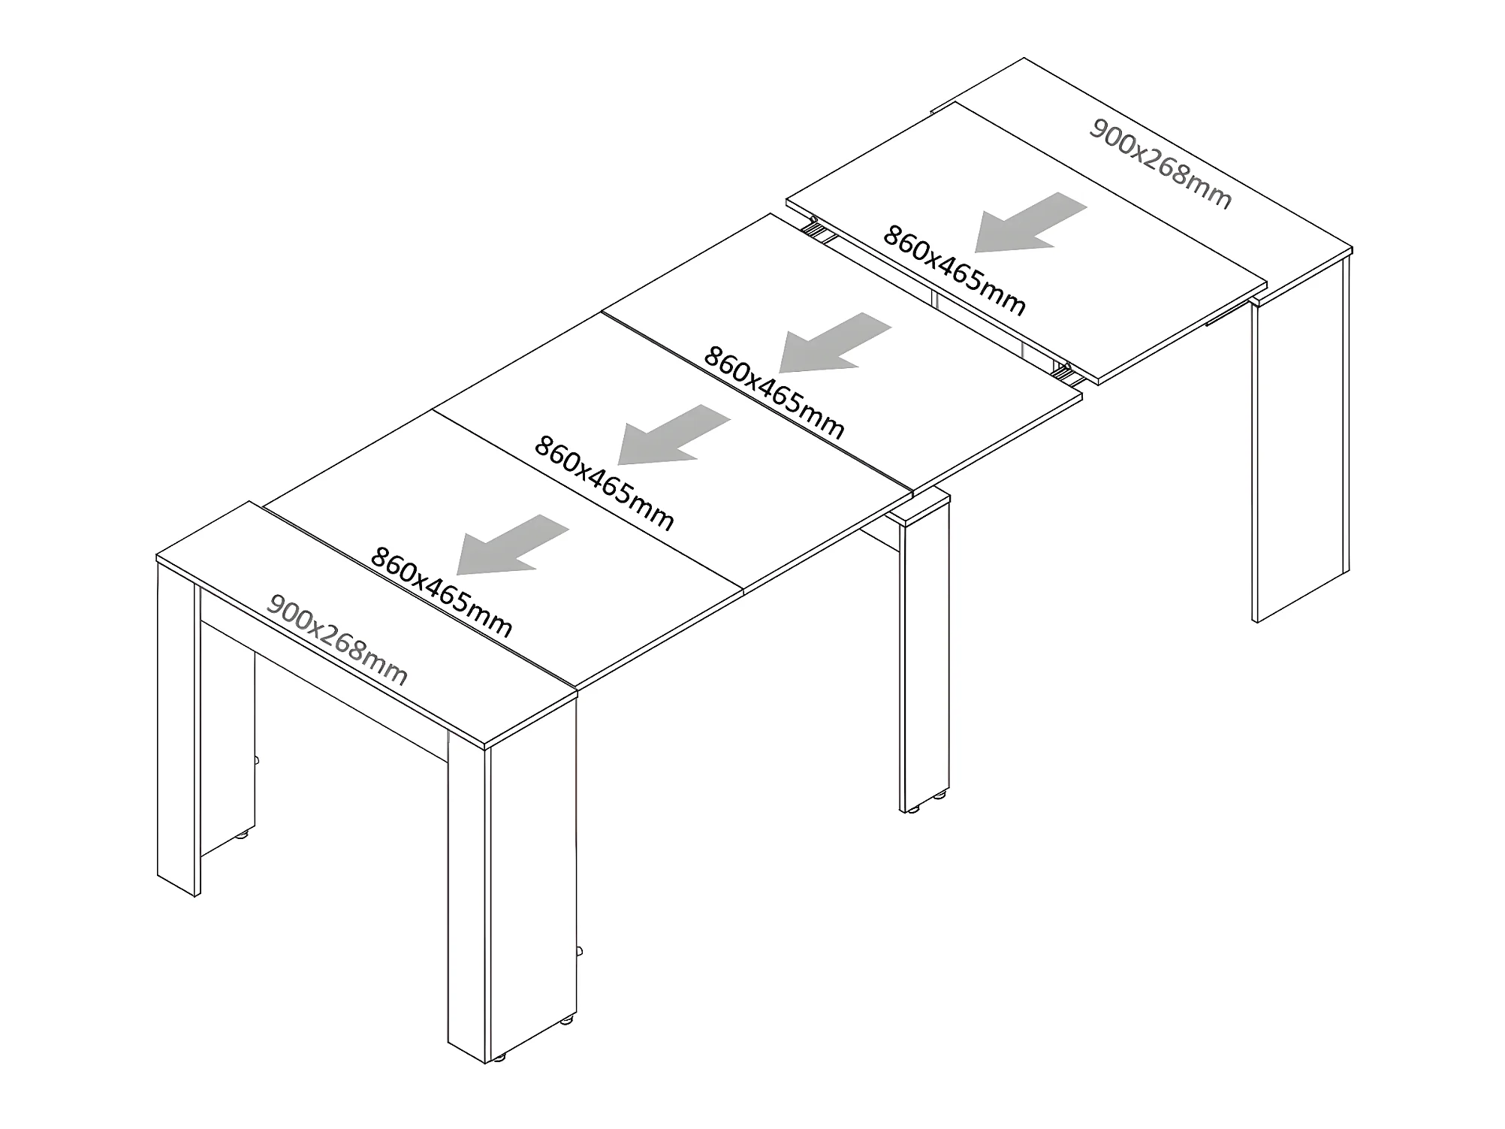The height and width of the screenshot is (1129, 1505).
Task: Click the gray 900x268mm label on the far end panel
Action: click(1160, 164)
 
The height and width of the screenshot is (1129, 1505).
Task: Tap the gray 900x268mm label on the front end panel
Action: click(337, 640)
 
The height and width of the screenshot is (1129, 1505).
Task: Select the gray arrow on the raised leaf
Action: click(1030, 222)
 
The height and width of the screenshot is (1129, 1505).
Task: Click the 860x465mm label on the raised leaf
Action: click(954, 270)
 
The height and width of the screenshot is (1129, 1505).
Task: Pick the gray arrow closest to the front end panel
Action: click(512, 545)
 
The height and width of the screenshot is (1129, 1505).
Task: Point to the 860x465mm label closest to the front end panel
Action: click(441, 592)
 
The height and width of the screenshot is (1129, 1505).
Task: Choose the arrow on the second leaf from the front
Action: click(674, 435)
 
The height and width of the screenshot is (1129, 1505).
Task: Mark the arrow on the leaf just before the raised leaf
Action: click(834, 343)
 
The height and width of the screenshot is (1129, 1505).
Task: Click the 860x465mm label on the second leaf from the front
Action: click(604, 483)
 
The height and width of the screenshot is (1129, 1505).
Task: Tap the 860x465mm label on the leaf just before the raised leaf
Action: click(774, 392)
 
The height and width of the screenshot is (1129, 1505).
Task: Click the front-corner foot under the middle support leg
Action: click(912, 810)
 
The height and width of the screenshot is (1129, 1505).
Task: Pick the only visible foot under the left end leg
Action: click(242, 835)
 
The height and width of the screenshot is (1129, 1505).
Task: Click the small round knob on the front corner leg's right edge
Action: click(579, 952)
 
